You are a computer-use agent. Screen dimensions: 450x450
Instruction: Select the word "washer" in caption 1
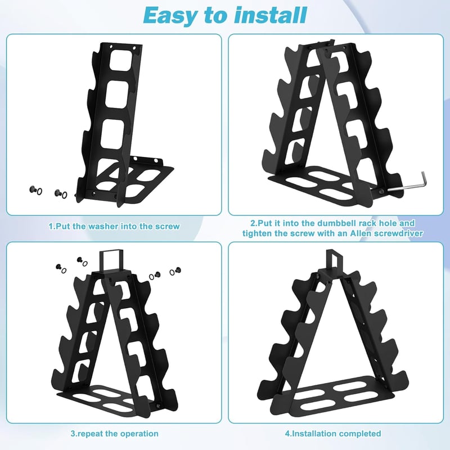(103, 227)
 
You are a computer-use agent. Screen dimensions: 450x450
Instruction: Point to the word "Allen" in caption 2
(361, 233)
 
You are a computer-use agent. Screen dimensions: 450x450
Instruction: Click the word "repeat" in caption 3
(90, 434)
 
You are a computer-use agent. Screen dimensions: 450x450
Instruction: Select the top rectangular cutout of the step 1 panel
(122, 60)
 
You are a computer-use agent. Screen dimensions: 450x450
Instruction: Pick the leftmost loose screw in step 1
(33, 190)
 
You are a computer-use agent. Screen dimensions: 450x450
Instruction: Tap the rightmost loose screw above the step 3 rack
(178, 270)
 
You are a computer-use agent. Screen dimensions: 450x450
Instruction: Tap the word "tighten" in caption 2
(257, 233)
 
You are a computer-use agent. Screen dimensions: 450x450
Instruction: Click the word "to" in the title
(216, 16)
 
